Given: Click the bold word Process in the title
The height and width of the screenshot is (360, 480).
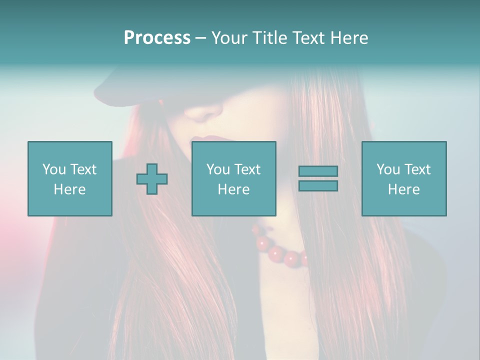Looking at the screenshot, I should coord(157,38).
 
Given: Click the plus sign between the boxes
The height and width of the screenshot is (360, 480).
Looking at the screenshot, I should coord(152,179).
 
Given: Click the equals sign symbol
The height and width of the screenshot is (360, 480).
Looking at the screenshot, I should coord(318,178).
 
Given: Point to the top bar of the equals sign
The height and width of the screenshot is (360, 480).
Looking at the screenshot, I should coord(318,171).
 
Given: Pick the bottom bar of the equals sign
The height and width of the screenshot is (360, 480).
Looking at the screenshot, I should coord(318,186).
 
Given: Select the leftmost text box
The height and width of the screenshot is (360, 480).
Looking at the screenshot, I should coord(69,178).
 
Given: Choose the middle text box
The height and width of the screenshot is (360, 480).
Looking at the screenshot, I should coord(233,178).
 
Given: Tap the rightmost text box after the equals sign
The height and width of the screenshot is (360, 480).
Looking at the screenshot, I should coord(403,178).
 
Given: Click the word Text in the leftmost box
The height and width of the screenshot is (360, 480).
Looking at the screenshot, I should coord(83,169).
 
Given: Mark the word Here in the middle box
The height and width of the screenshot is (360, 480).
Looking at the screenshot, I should coord(233,189).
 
